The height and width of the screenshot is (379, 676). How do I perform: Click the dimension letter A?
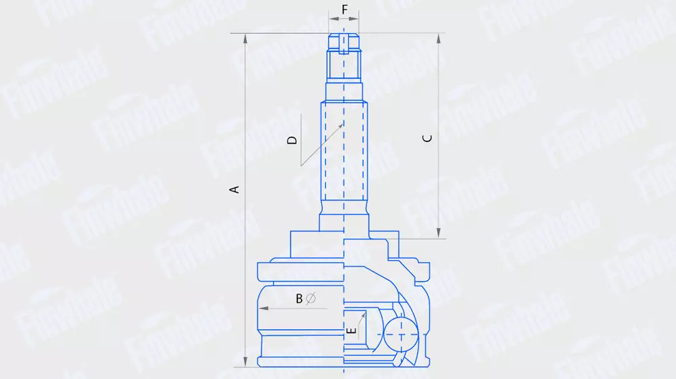pyautogui.click(x=234, y=189)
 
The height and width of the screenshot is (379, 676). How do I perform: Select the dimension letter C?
pyautogui.click(x=427, y=138)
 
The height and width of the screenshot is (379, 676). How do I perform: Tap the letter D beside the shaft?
pyautogui.click(x=292, y=140)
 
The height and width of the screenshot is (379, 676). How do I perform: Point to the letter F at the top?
pyautogui.click(x=345, y=9)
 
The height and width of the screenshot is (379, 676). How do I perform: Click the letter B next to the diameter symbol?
pyautogui.click(x=299, y=298)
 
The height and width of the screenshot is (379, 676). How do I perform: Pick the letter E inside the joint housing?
pyautogui.click(x=352, y=331)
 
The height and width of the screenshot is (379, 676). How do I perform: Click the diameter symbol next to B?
pyautogui.click(x=311, y=298)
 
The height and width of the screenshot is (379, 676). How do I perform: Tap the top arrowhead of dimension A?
pyautogui.click(x=245, y=39)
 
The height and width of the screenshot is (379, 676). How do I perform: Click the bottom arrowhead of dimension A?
pyautogui.click(x=245, y=361)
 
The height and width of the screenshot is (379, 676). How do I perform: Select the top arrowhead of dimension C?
pyautogui.click(x=439, y=39)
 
